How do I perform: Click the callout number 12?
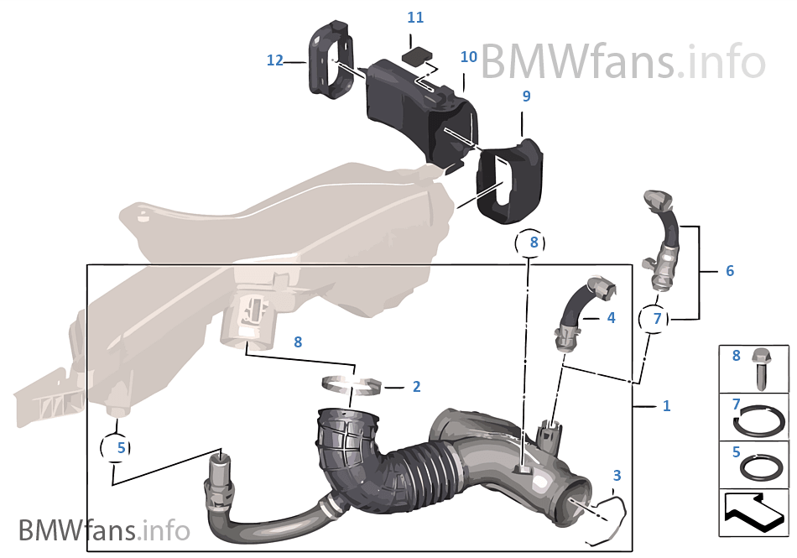tap(275, 60)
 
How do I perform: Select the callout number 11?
tap(416, 17)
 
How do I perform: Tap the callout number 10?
tap(468, 56)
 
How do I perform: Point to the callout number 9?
tap(526, 96)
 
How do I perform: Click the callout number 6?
tap(729, 270)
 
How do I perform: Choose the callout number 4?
tap(611, 318)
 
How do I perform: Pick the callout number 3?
tap(617, 475)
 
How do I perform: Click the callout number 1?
tap(666, 405)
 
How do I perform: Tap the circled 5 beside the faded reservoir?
tap(121, 447)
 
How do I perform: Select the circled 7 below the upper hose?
tap(656, 318)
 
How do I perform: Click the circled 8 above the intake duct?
tap(532, 242)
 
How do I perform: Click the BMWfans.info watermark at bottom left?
tap(104, 530)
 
